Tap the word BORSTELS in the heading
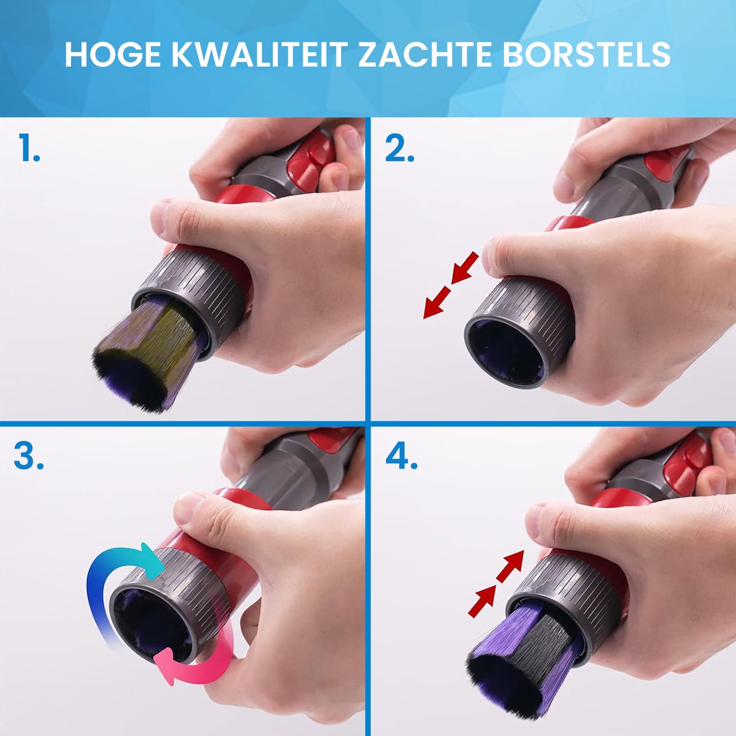click(x=586, y=55)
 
